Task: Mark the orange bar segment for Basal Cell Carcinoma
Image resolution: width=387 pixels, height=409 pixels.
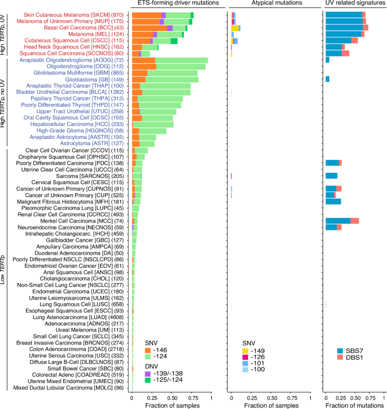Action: tap(149, 28)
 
